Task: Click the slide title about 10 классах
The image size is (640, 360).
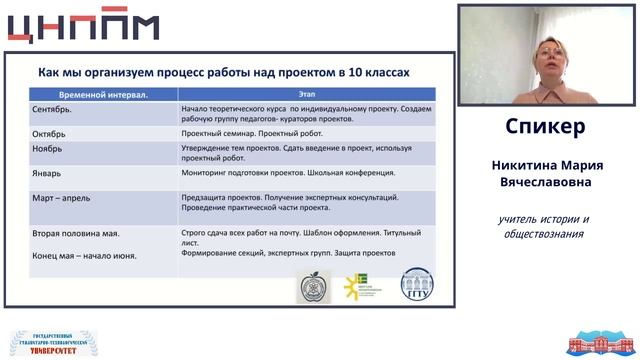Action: click(223, 73)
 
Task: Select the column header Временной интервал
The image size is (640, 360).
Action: click(91, 94)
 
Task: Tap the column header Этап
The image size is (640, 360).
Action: click(306, 94)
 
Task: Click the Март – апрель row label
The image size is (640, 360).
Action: click(68, 198)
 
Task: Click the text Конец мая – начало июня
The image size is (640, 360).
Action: click(84, 255)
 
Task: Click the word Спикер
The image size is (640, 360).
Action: click(545, 128)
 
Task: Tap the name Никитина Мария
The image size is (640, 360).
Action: click(545, 165)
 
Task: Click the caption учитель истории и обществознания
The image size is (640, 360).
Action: click(545, 226)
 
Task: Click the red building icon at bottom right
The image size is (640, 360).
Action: click(600, 343)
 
